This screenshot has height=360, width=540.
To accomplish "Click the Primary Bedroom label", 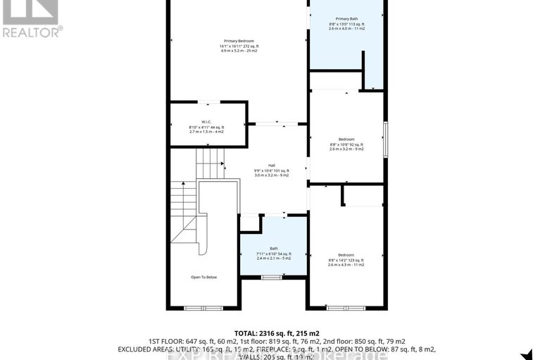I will pyautogui.click(x=236, y=41).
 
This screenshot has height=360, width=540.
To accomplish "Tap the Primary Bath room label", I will pyautogui.click(x=346, y=18).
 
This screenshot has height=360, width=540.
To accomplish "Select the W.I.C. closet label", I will pyautogui.click(x=206, y=120).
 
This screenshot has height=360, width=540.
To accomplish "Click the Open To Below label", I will pyautogui.click(x=204, y=277).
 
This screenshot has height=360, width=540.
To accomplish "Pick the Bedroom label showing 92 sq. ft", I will pyautogui.click(x=346, y=139).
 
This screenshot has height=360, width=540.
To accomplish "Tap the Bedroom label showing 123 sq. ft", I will pyautogui.click(x=346, y=254).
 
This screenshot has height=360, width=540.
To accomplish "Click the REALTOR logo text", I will pyautogui.click(x=32, y=30).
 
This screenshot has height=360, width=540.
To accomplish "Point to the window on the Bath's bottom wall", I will pyautogui.click(x=271, y=278).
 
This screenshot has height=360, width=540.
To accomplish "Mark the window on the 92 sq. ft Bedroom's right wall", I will pyautogui.click(x=385, y=139).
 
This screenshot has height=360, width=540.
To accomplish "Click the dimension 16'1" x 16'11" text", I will pyautogui.click(x=236, y=46).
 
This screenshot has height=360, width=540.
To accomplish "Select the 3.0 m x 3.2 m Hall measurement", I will pyautogui.click(x=272, y=175).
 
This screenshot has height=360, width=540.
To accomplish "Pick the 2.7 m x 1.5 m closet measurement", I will pyautogui.click(x=206, y=131).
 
